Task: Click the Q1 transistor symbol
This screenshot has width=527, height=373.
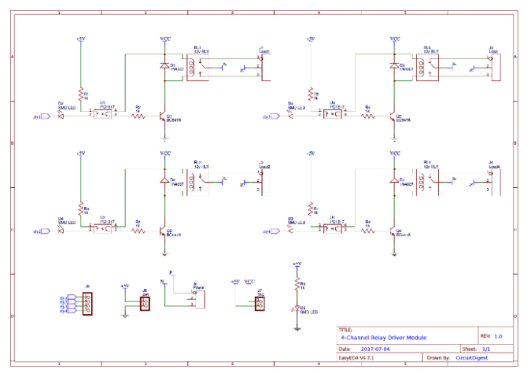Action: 163,116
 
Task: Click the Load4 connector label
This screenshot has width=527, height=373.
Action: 494,167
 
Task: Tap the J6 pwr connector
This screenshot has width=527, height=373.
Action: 145,301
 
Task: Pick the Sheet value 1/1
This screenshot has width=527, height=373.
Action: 486,348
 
